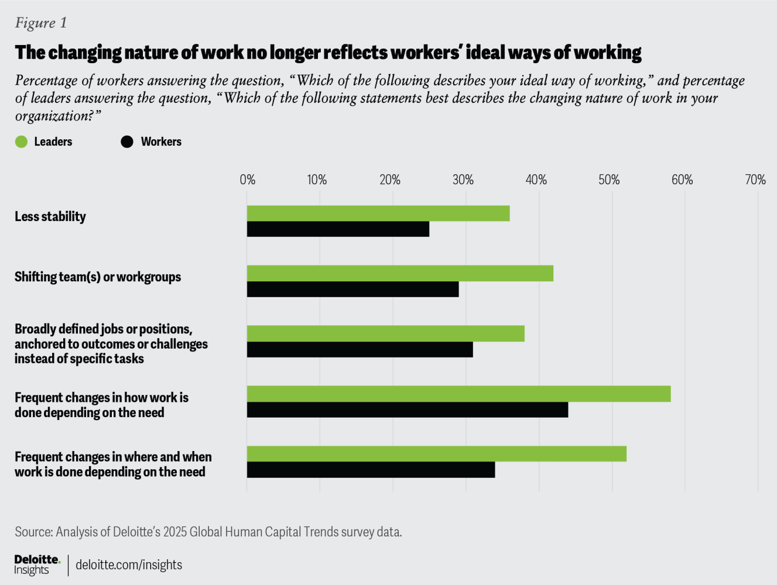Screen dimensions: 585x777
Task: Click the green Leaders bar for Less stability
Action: point(378,214)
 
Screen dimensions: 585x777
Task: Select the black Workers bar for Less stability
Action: point(338,229)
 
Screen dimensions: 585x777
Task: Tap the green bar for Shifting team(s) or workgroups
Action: point(400,273)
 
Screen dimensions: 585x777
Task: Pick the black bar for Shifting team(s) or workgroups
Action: point(352,289)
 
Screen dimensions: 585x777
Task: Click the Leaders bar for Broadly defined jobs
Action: point(385,333)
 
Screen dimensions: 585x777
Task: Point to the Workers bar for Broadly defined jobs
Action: point(360,349)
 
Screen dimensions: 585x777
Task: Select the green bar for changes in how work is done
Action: point(458,394)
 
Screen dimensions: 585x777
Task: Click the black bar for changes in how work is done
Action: point(407,409)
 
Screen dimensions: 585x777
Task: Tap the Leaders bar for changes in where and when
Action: point(436,454)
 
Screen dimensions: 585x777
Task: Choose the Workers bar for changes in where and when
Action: point(371,470)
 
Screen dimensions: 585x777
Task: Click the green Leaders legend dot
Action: point(22,142)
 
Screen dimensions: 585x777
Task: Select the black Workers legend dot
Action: point(127,142)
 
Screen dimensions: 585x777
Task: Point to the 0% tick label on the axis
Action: point(247,180)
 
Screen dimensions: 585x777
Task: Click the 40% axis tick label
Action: point(536,180)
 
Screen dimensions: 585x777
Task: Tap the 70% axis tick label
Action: point(755,180)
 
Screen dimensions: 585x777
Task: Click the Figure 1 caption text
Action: point(41,23)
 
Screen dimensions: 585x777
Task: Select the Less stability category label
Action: point(50,216)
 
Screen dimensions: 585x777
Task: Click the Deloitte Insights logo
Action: point(37,565)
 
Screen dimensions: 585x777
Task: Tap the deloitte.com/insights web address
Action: point(129,565)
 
